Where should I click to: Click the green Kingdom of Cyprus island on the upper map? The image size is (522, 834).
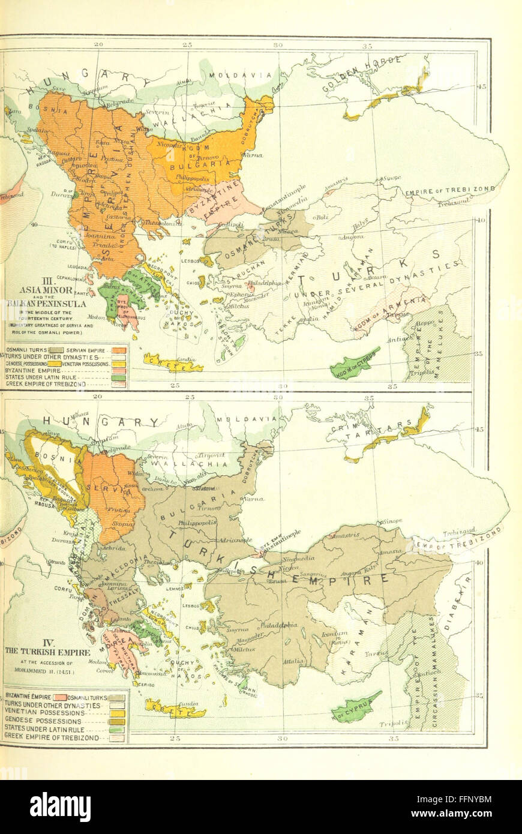coord(354,364)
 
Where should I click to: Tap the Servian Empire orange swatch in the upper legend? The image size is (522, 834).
coord(118,349)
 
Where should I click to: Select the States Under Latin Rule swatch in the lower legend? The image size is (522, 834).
coord(117,730)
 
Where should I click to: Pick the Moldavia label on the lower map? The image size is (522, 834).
coord(240,419)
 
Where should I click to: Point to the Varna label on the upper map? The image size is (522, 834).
coord(253,155)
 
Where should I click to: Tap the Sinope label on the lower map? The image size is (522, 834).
coord(392,521)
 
